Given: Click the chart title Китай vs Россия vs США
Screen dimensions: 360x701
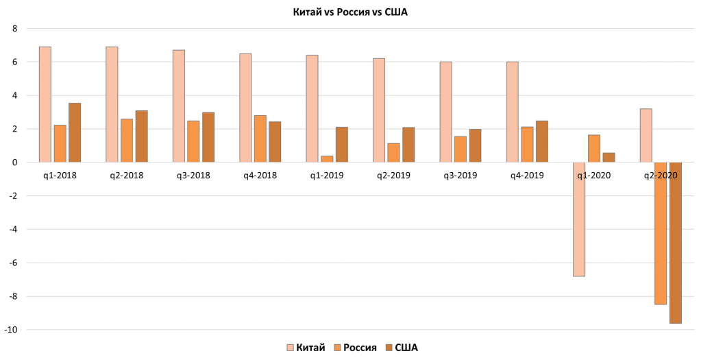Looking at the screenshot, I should (x=350, y=12).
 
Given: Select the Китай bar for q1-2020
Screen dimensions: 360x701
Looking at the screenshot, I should (x=579, y=219).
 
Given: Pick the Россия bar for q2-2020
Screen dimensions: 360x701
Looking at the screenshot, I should (x=661, y=233).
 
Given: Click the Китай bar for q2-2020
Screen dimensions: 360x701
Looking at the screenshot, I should (x=645, y=136).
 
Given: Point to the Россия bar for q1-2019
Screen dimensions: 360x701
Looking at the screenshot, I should (x=327, y=159).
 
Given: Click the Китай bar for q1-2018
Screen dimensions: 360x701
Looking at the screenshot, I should (x=45, y=104).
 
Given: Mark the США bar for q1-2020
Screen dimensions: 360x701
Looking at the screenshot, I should (x=608, y=158).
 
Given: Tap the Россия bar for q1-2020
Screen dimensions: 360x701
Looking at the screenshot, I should (x=594, y=148).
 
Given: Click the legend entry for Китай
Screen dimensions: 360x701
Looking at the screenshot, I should (x=306, y=348).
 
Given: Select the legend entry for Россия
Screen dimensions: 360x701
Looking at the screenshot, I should (x=356, y=348).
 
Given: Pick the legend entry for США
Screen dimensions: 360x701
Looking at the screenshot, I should (x=402, y=348).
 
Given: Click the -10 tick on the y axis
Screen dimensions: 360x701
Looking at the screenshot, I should (x=10, y=330).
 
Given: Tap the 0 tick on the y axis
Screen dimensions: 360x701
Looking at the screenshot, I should (x=13, y=163).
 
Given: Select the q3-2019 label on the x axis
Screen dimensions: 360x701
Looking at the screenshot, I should (x=460, y=175).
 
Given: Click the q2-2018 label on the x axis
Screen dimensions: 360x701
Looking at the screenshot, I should (x=126, y=175).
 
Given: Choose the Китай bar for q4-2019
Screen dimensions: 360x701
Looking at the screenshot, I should (x=512, y=112).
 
